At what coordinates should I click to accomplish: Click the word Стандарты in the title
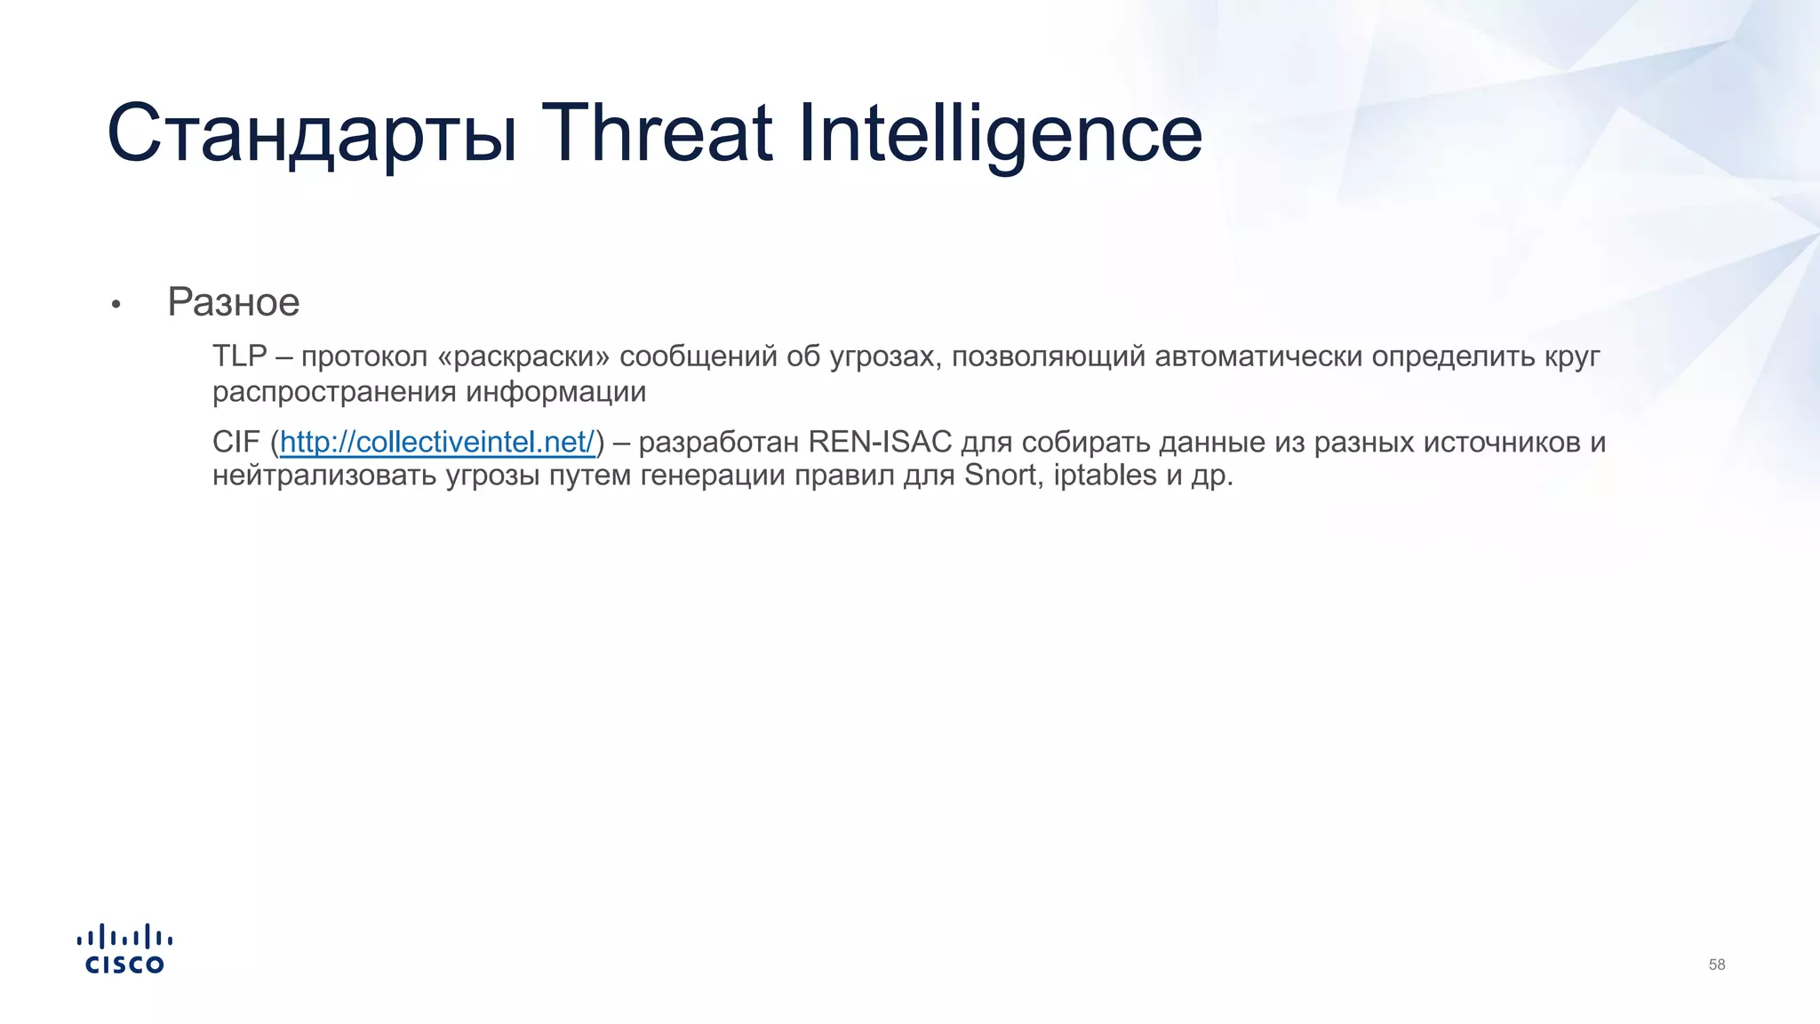click(x=311, y=135)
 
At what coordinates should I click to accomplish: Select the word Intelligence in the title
click(x=1000, y=135)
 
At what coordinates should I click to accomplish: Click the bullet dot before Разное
click(x=116, y=305)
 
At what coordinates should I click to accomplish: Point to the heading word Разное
click(x=234, y=302)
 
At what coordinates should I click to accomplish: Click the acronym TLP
click(x=239, y=356)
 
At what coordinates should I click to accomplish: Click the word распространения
click(x=334, y=392)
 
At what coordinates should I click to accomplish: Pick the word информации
click(x=556, y=392)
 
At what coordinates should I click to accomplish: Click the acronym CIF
click(x=235, y=442)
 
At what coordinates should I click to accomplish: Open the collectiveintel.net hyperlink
click(x=437, y=442)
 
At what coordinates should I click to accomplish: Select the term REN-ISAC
click(x=880, y=442)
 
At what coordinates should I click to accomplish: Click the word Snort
click(x=1002, y=476)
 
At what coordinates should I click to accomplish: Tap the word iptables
click(x=1106, y=476)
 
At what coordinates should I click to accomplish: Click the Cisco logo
click(x=124, y=949)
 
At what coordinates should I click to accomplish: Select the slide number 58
click(x=1716, y=965)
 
